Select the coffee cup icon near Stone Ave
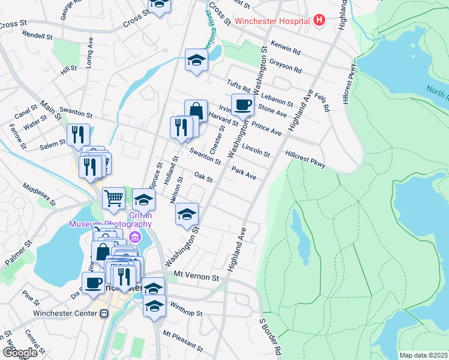243,105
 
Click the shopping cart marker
113,197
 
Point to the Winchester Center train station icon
103,313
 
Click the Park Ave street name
244,173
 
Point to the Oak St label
204,176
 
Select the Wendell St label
37,35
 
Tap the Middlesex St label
39,195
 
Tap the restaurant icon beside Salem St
78,135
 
